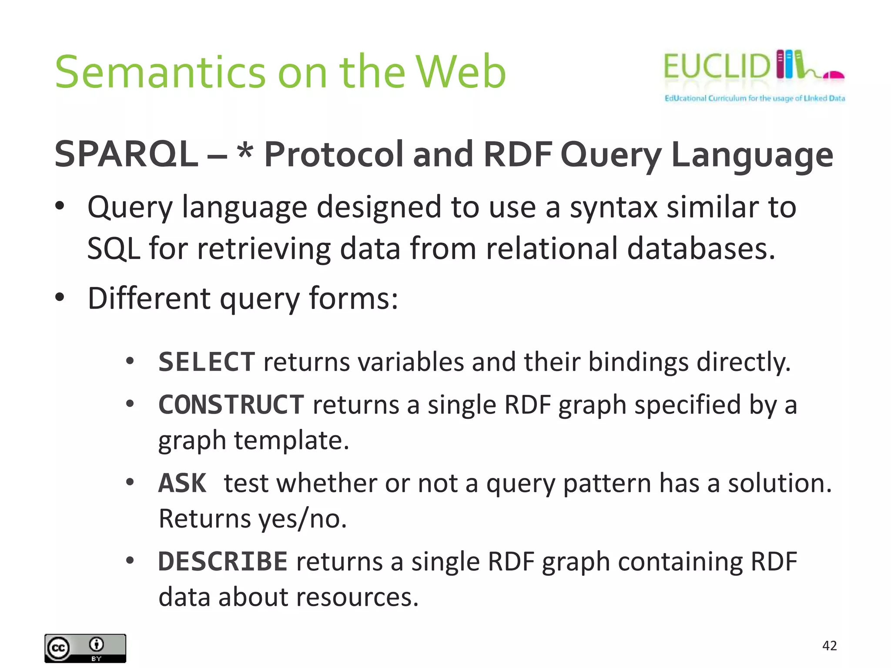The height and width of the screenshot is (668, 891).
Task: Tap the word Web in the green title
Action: point(461,72)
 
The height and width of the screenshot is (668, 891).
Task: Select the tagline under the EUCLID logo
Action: point(754,98)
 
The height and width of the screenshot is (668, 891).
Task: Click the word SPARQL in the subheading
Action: point(126,154)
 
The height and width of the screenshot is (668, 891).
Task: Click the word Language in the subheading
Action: point(752,155)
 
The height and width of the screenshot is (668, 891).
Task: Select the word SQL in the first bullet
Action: point(114,249)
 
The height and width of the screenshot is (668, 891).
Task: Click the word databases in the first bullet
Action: point(701,249)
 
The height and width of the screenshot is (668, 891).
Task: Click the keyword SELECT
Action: point(206,362)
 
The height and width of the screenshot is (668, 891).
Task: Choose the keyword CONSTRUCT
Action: point(231,405)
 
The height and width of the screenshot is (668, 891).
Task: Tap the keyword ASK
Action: point(182,483)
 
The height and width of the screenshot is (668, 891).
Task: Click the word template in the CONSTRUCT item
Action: point(291,441)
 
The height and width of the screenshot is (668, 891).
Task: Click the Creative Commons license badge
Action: point(85,648)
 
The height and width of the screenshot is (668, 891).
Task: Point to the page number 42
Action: point(829,645)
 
